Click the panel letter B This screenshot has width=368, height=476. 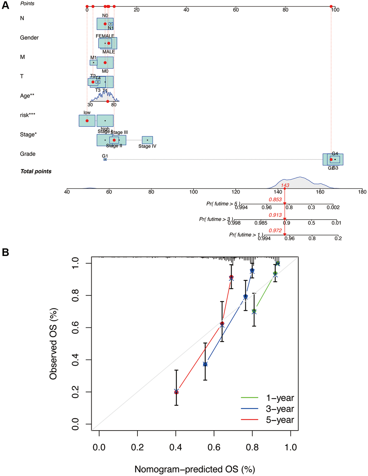tap(5, 252)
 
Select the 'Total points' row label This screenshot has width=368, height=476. tap(36, 171)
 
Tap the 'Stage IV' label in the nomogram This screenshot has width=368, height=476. tap(147, 146)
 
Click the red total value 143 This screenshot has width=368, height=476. tap(285, 185)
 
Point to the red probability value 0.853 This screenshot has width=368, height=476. tap(275, 199)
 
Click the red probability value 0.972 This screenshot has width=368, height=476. tap(275, 230)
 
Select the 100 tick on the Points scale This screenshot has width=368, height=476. tap(335, 10)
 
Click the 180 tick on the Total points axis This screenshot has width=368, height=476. tap(362, 192)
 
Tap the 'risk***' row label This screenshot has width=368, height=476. tap(27, 115)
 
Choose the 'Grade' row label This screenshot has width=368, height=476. tap(28, 154)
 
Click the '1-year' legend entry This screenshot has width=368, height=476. tap(280, 398)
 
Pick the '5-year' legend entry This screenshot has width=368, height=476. tap(280, 420)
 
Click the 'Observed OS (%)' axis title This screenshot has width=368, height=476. tap(53, 344)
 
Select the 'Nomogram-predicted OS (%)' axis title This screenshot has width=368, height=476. tap(195, 469)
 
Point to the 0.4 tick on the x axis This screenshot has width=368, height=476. tap(175, 448)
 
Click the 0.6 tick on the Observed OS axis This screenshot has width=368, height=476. tap(75, 328)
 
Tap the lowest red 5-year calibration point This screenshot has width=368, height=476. tap(176, 392)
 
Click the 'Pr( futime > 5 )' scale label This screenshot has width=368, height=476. tap(223, 204)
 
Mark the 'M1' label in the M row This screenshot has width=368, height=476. tap(93, 58)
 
